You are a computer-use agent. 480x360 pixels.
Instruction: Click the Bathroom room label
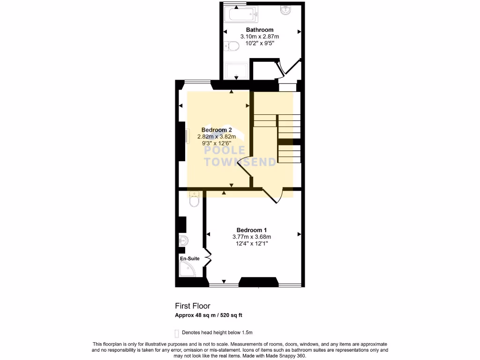(x=260, y=30)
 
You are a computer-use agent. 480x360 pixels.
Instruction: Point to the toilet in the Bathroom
(x=230, y=46)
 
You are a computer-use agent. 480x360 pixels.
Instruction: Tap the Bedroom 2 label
(x=217, y=130)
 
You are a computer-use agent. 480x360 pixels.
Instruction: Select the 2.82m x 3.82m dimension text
(x=217, y=137)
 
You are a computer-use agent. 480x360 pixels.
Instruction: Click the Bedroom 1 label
(x=252, y=230)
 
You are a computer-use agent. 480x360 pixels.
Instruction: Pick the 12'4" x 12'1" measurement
(x=252, y=244)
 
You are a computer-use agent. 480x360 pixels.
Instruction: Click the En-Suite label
(x=190, y=258)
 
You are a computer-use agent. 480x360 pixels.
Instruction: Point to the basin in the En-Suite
(x=184, y=241)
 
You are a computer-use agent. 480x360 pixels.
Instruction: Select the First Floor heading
(x=193, y=306)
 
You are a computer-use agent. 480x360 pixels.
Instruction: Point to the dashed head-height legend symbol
(x=177, y=333)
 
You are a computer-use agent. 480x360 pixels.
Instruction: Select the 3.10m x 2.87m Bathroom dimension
(x=260, y=37)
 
